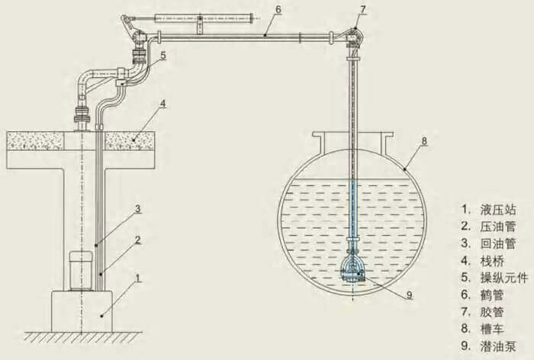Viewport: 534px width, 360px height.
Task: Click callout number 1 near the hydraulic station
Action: [x=138, y=278]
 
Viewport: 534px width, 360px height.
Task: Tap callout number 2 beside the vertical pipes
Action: [x=137, y=239]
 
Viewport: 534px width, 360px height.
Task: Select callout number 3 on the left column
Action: [x=137, y=208]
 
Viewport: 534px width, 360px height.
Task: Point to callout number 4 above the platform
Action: [x=163, y=104]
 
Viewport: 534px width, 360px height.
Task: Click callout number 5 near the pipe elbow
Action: [x=163, y=55]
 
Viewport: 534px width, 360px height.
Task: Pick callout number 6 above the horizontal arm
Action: [x=278, y=10]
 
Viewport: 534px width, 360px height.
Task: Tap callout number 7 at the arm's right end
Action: [x=363, y=9]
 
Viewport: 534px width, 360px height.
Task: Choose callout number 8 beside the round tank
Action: [x=424, y=141]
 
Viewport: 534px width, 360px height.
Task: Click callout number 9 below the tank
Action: [x=410, y=294]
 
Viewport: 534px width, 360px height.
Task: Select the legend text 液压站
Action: [x=498, y=210]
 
